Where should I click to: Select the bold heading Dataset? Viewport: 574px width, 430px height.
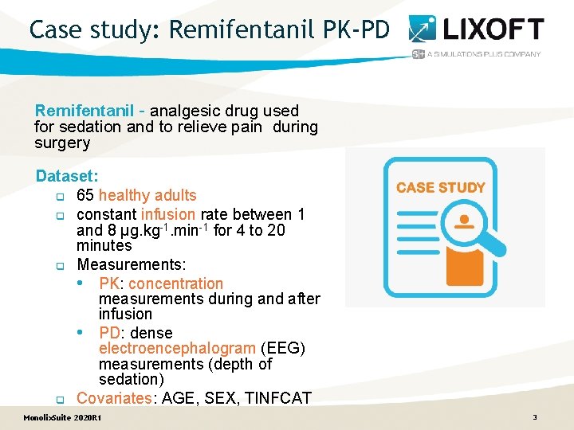pos(67,175)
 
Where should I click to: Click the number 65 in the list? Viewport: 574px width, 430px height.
pos(85,195)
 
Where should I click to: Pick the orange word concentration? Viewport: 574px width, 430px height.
pos(175,283)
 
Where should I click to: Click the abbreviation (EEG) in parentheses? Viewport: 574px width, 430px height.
pos(283,348)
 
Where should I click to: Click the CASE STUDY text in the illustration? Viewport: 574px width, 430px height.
pos(441,188)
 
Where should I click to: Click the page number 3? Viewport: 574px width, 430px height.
pos(535,417)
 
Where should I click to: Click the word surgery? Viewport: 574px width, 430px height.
pos(62,143)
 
